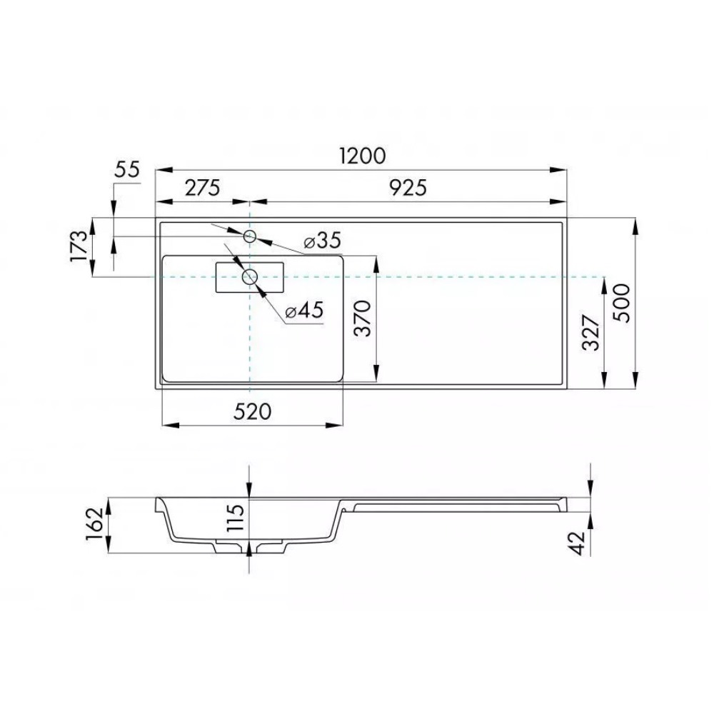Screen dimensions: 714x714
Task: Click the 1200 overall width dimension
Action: click(x=363, y=156)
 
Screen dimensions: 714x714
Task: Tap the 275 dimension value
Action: click(x=202, y=188)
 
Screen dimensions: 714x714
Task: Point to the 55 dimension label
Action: click(x=126, y=170)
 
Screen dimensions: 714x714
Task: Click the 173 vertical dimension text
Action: click(x=79, y=246)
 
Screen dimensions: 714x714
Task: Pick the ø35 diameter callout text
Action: click(x=323, y=240)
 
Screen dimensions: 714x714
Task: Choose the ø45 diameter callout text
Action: click(x=304, y=311)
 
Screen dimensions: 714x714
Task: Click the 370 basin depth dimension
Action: click(x=363, y=318)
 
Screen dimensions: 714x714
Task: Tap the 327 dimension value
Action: click(x=591, y=333)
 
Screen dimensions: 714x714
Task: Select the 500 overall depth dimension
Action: click(x=622, y=303)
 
